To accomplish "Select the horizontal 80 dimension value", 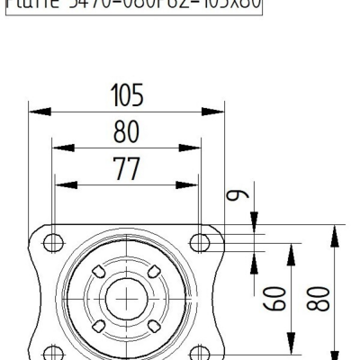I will tap(126, 132).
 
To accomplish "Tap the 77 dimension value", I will tap(126, 168).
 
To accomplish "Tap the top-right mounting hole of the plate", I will tap(199, 240).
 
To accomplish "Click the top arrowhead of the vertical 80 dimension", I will tap(335, 232).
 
